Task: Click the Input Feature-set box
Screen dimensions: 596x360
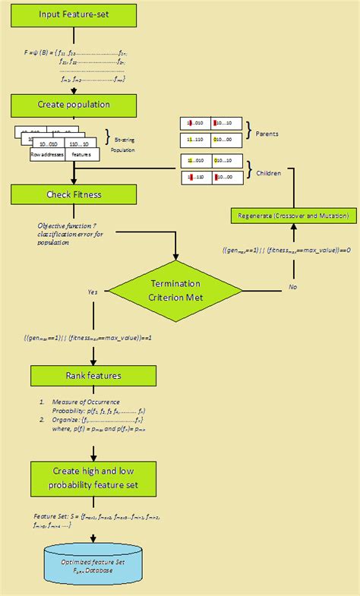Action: click(74, 15)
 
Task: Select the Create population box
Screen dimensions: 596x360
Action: click(74, 105)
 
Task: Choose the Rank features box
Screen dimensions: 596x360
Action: click(93, 374)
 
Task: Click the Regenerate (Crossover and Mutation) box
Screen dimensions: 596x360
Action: click(293, 216)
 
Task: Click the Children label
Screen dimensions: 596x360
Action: click(268, 173)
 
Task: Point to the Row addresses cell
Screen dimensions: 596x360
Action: click(46, 154)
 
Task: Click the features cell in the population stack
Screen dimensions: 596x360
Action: click(81, 154)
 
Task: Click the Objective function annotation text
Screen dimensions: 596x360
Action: click(69, 234)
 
